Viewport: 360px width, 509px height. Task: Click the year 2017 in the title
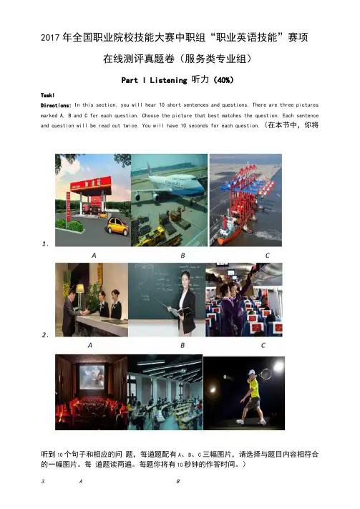tap(51, 38)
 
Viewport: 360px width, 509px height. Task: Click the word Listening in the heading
tap(168, 80)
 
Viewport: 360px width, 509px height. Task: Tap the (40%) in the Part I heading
tap(223, 80)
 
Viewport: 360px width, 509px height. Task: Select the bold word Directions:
tap(56, 105)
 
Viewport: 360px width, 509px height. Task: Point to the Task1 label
tap(47, 95)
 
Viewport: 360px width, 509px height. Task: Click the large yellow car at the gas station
tap(118, 226)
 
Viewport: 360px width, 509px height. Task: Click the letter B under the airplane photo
tap(183, 256)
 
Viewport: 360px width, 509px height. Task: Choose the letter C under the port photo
tap(267, 256)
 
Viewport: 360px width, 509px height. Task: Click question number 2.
tap(45, 335)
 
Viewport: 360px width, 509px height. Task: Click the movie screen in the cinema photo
tap(92, 377)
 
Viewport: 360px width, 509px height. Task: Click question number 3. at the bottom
tap(43, 481)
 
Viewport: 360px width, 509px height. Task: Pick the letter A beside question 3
tap(80, 481)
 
